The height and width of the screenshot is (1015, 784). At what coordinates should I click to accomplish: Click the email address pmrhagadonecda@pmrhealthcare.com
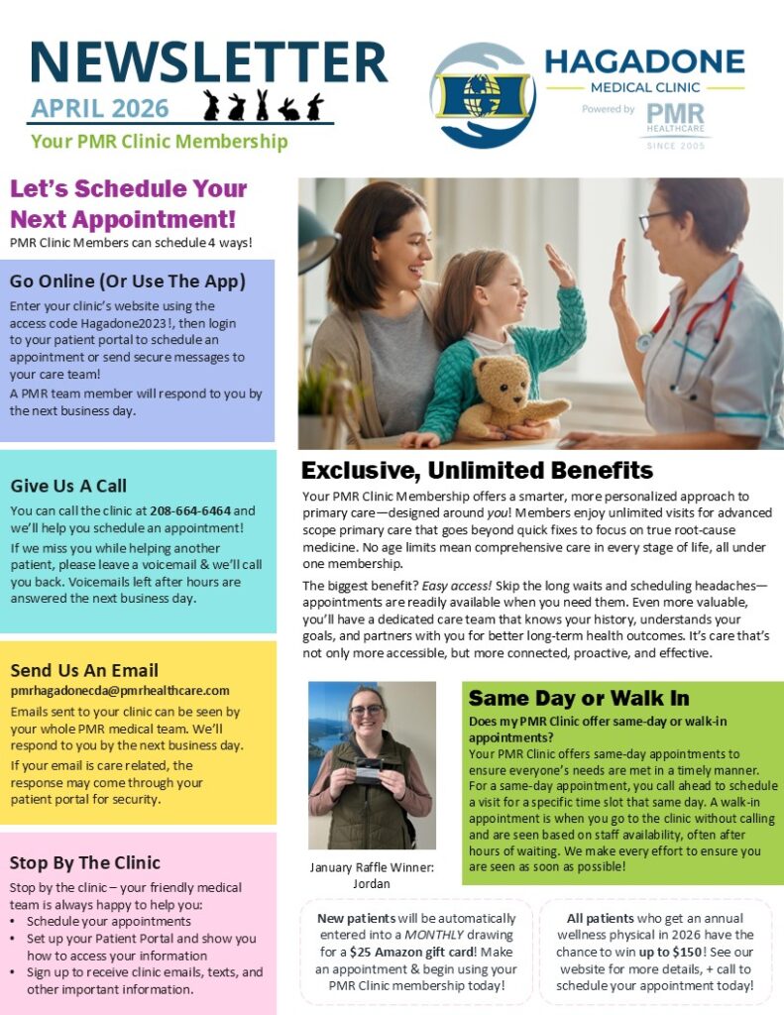120,690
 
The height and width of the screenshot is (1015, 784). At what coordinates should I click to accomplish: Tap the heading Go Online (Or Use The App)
128,282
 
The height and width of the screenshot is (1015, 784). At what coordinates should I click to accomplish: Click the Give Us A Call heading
68,486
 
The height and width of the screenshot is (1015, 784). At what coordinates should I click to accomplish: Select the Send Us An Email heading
84,670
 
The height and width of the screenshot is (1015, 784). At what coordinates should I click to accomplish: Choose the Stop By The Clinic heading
84,862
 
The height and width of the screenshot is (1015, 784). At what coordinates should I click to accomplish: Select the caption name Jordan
371,884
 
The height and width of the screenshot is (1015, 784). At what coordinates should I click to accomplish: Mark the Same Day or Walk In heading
579,698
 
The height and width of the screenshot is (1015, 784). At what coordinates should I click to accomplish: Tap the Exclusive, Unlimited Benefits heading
477,470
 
